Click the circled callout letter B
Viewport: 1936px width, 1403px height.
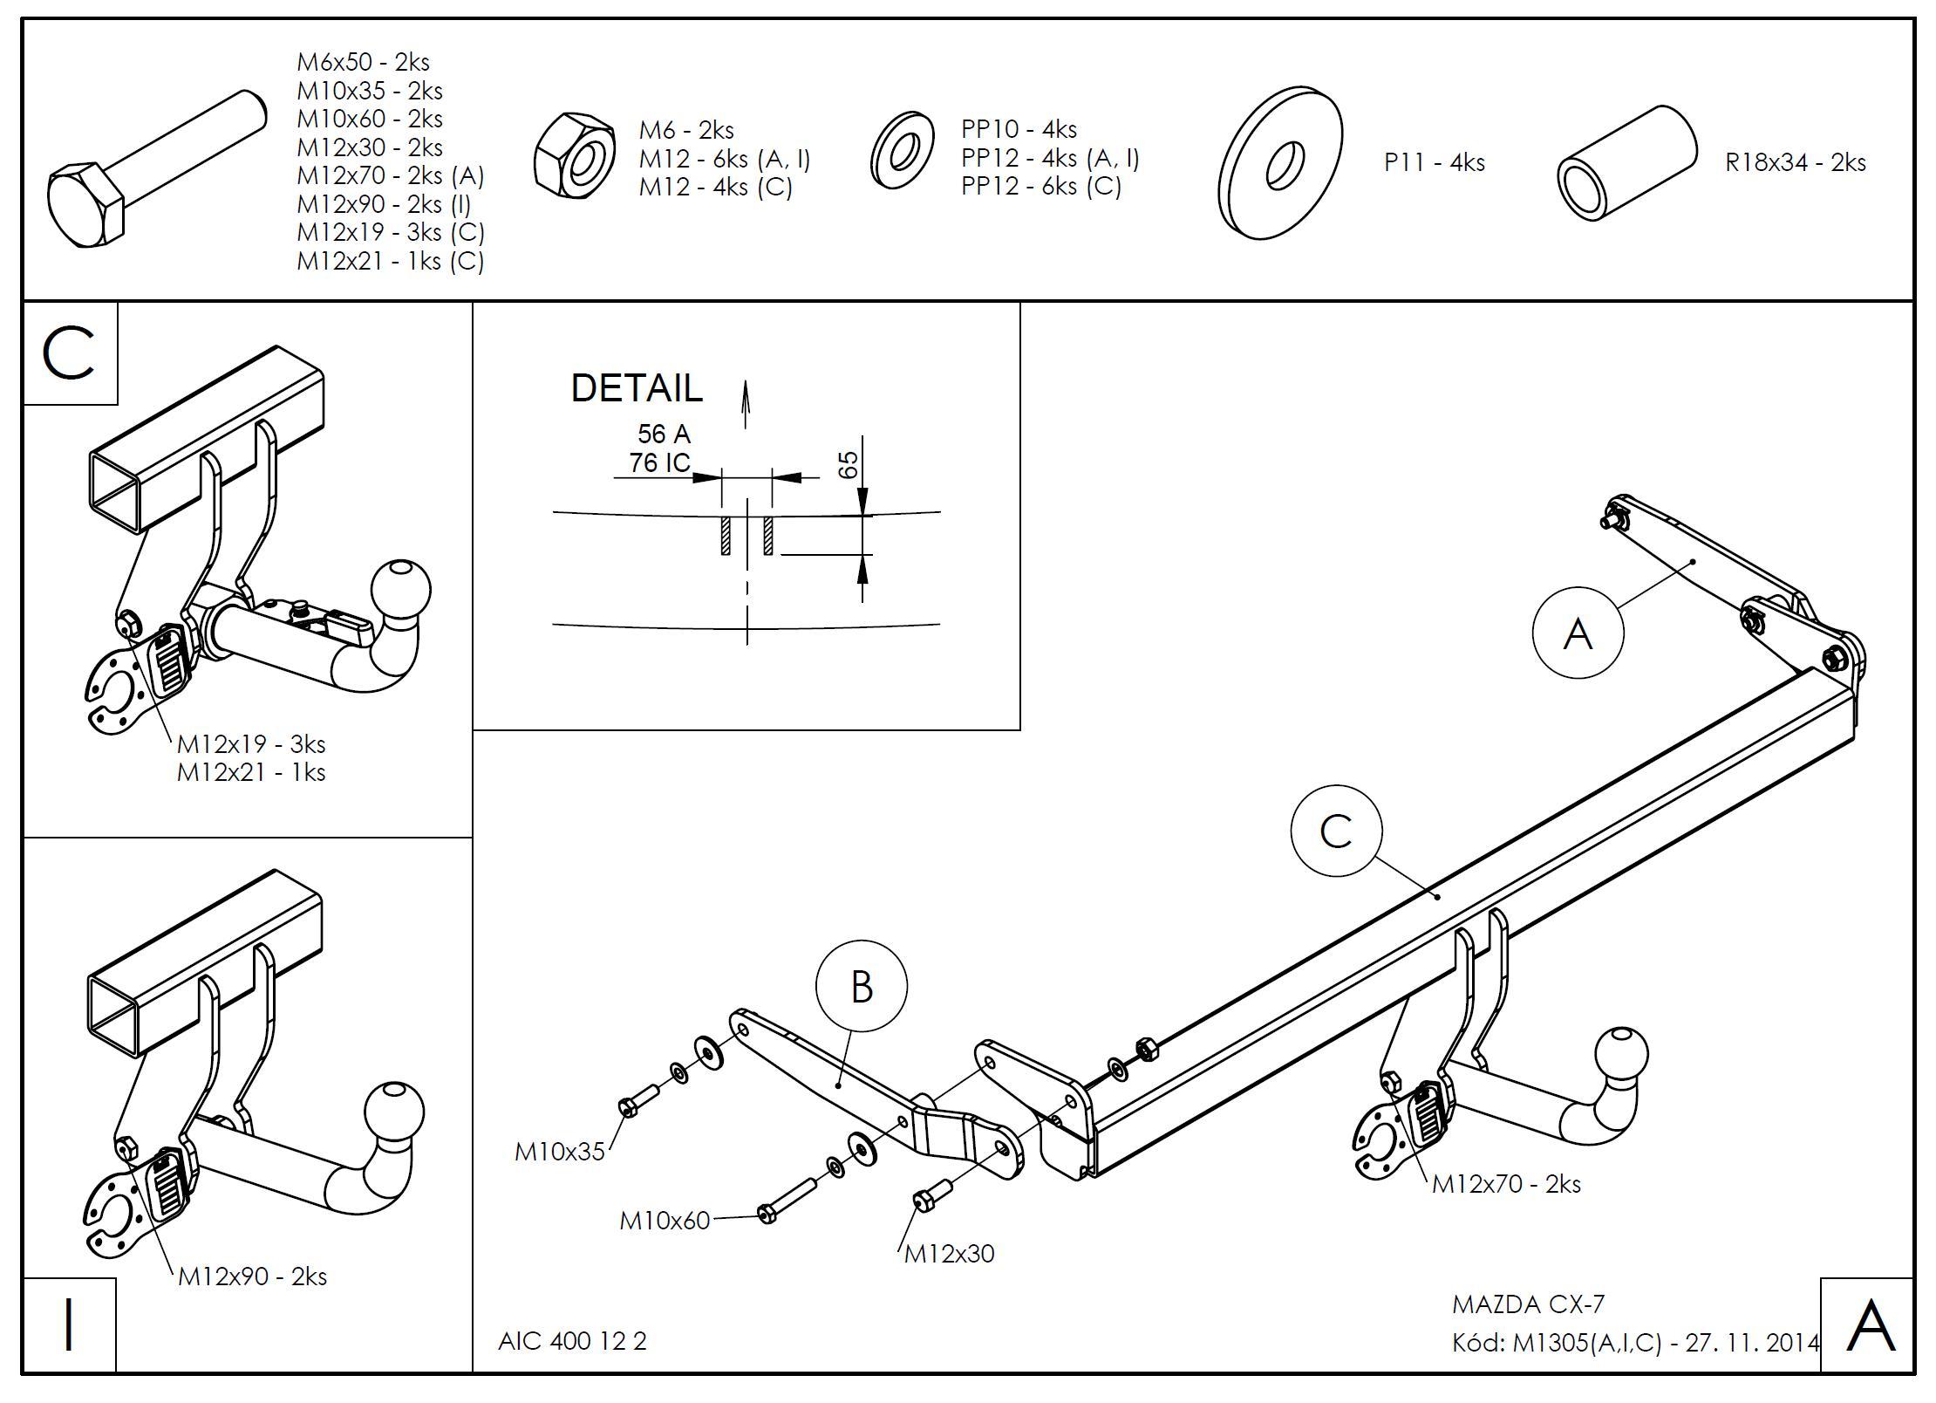(x=861, y=986)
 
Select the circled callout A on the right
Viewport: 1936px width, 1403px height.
(x=1578, y=632)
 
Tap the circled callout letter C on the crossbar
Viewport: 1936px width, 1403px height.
(x=1336, y=831)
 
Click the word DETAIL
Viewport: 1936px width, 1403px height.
(x=636, y=388)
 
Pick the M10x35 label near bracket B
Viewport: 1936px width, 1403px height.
(x=559, y=1152)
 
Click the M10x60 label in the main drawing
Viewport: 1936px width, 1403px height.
(x=665, y=1221)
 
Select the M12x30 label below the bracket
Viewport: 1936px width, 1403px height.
(x=949, y=1254)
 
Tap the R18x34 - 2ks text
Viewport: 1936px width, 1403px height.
(x=1795, y=163)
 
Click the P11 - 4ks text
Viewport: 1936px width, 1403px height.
(x=1434, y=163)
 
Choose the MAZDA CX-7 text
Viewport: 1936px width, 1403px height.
(x=1528, y=1304)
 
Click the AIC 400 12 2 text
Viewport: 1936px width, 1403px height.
(x=572, y=1341)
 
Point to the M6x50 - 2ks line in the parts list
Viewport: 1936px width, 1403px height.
(x=363, y=63)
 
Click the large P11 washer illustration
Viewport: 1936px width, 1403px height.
(x=1280, y=163)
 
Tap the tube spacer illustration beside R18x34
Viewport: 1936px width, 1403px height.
(x=1626, y=163)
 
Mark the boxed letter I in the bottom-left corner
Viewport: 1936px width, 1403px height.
(x=69, y=1325)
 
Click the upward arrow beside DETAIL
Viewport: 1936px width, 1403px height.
(x=746, y=404)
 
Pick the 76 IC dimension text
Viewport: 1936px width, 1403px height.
(x=659, y=462)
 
